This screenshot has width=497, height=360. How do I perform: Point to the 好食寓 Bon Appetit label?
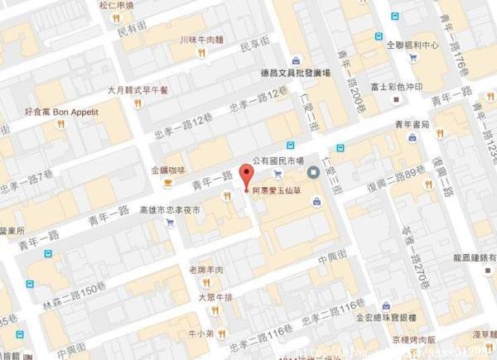pyautogui.click(x=61, y=110)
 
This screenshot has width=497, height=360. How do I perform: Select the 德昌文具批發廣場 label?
pyautogui.click(x=296, y=73)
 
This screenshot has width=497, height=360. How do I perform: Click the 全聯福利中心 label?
pyautogui.click(x=412, y=46)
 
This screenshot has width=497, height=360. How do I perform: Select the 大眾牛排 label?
pyautogui.click(x=214, y=295)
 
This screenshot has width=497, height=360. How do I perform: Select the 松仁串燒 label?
pyautogui.click(x=116, y=6)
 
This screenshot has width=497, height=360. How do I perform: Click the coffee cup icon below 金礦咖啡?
pyautogui.click(x=167, y=183)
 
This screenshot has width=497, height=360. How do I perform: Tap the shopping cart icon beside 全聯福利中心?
pyautogui.click(x=412, y=58)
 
